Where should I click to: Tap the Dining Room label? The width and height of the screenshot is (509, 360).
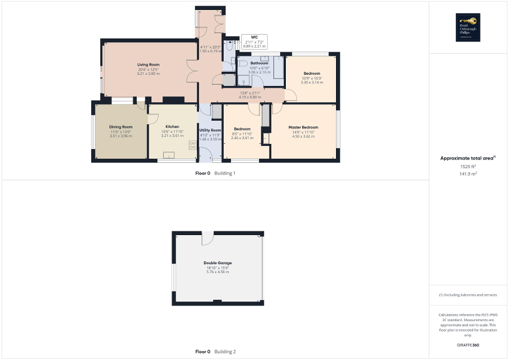coord(120,127)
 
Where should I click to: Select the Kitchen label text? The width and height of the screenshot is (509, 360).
coord(172,127)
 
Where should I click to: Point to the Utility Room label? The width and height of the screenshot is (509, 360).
coord(210,130)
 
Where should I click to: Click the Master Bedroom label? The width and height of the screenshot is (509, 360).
coord(303,128)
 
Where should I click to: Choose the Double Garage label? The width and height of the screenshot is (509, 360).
coord(217,262)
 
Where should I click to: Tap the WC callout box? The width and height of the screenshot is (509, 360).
coord(254,42)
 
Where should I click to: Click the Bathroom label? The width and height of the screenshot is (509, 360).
coord(259,63)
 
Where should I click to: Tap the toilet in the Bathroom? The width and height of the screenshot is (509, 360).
coord(243,64)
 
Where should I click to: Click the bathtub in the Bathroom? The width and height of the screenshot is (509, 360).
coord(278,69)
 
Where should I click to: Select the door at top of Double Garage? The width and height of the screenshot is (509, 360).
coord(207,238)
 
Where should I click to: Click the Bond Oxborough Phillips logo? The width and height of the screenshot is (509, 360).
coord(468,27)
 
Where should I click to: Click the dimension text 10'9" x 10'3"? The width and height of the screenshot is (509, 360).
coord(311,79)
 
